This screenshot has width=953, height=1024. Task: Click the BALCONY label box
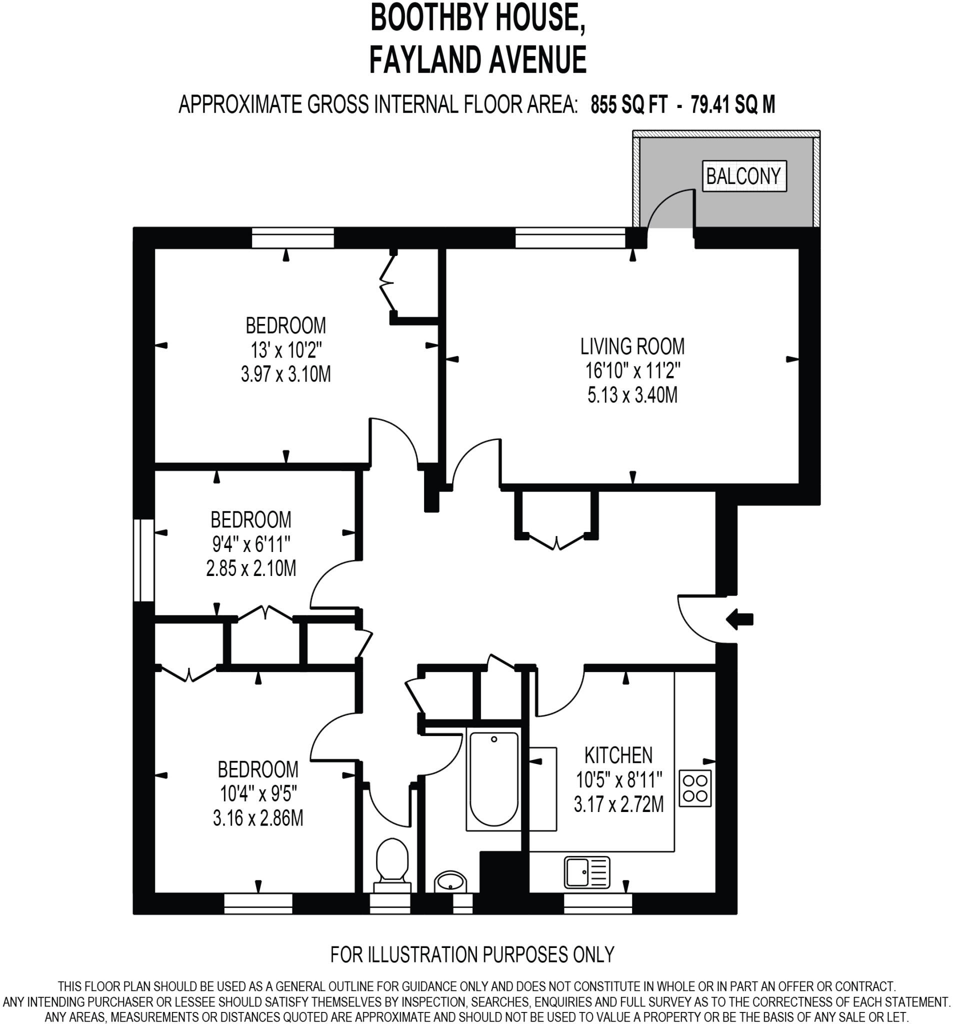(743, 176)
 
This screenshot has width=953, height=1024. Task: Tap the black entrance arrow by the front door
(739, 619)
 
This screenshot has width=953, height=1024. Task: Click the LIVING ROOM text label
(632, 346)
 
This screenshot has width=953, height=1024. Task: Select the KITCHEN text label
(618, 755)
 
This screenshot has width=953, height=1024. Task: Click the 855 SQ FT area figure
(628, 105)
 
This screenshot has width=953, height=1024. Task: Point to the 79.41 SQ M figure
(732, 105)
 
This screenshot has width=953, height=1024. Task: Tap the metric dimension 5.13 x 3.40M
(632, 395)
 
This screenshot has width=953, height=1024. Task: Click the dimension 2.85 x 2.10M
(251, 568)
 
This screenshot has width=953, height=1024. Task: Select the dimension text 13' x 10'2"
(286, 350)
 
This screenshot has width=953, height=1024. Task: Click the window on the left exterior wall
(143, 560)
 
